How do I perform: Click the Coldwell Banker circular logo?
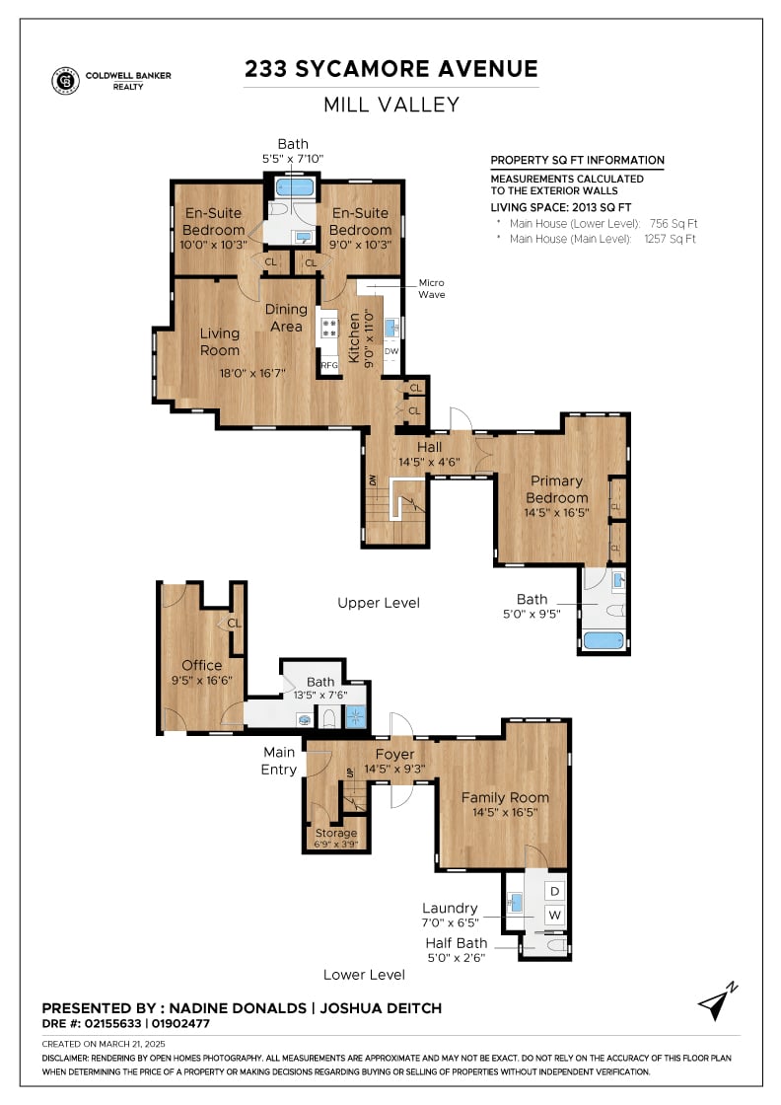click(x=65, y=80)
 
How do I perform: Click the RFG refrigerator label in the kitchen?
click(x=329, y=365)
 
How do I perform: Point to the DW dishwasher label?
click(x=391, y=351)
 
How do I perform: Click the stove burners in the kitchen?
click(x=329, y=328)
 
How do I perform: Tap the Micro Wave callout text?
click(x=432, y=288)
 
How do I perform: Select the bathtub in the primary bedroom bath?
click(x=604, y=640)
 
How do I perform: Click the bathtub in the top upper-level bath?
click(x=295, y=186)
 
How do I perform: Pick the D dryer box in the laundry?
click(x=555, y=892)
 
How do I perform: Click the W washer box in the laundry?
click(x=555, y=915)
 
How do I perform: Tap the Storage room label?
click(x=336, y=833)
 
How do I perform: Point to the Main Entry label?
click(x=280, y=761)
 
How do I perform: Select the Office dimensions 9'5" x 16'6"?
click(x=202, y=680)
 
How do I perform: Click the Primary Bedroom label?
click(x=556, y=489)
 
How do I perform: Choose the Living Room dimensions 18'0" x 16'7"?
click(x=252, y=373)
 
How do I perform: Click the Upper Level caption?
click(x=379, y=603)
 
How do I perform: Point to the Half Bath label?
click(x=457, y=943)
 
